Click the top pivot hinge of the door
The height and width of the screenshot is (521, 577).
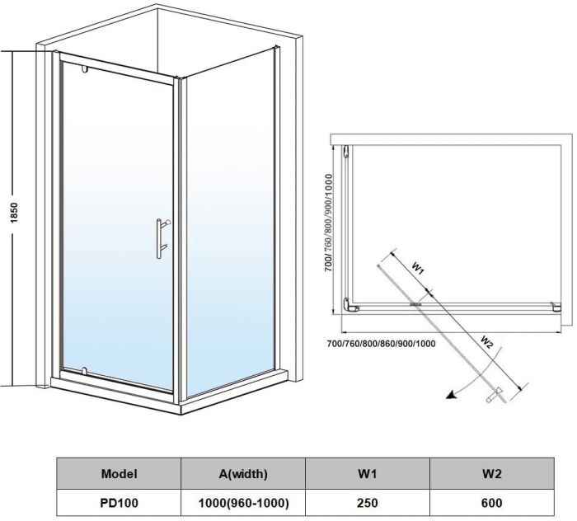pos(84,68)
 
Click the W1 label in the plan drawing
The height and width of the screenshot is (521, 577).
pos(418,268)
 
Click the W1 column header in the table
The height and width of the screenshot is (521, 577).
pos(367,474)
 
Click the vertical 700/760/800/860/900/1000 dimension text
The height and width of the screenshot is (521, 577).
pos(329,223)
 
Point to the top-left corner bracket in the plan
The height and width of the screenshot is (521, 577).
pos(348,152)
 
